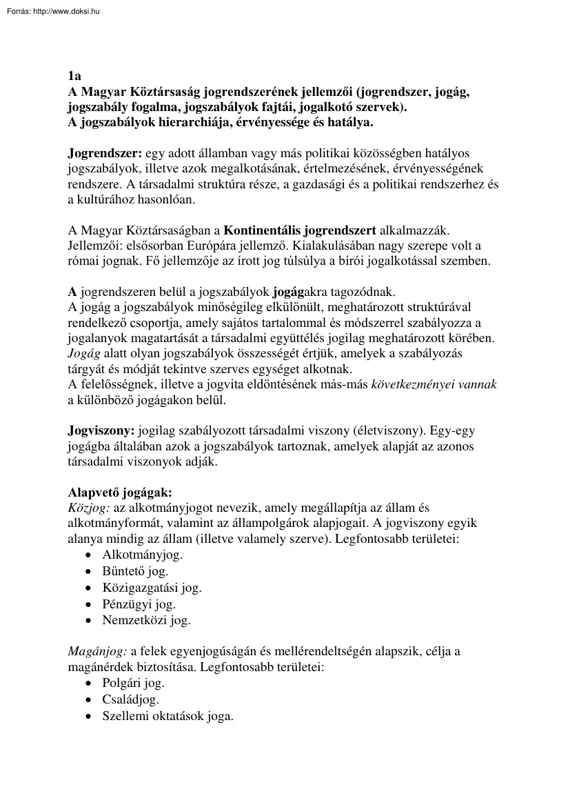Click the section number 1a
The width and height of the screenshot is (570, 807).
pyautogui.click(x=74, y=77)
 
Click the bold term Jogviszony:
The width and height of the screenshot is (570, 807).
pyautogui.click(x=101, y=431)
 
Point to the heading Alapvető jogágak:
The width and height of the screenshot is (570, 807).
pyautogui.click(x=120, y=492)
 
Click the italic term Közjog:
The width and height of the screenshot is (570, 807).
pyautogui.click(x=89, y=508)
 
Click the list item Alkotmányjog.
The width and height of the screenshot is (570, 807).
pyautogui.click(x=143, y=554)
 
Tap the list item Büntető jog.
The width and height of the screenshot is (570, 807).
pyautogui.click(x=135, y=571)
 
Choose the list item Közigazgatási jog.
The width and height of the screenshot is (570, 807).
pyautogui.click(x=152, y=588)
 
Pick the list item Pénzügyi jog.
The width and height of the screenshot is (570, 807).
pyautogui.click(x=139, y=604)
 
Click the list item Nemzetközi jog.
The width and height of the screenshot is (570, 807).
pyautogui.click(x=146, y=620)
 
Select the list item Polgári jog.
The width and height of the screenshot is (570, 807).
pyautogui.click(x=134, y=684)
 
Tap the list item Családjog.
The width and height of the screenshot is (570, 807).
pyautogui.click(x=131, y=700)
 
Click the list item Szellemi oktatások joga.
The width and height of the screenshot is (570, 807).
pyautogui.click(x=168, y=717)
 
